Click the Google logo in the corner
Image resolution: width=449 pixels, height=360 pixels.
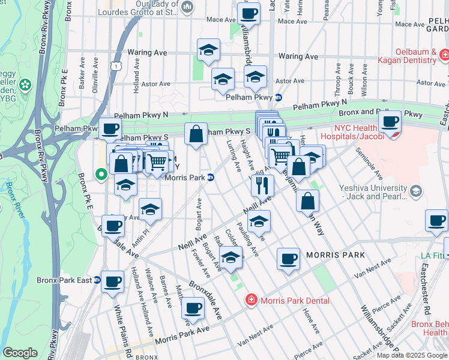tap(20, 353)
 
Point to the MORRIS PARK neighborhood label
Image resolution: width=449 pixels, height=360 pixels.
tap(335, 255)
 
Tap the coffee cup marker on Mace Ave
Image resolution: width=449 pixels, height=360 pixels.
tap(249, 13)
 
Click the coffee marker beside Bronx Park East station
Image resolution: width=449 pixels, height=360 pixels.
tap(112, 281)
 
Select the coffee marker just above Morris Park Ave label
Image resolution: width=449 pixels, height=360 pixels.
tap(193, 308)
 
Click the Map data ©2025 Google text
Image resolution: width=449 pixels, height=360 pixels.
tap(412, 355)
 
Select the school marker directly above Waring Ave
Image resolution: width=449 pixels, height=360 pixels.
tap(208, 50)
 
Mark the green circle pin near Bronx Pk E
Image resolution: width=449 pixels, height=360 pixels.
tap(101, 175)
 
